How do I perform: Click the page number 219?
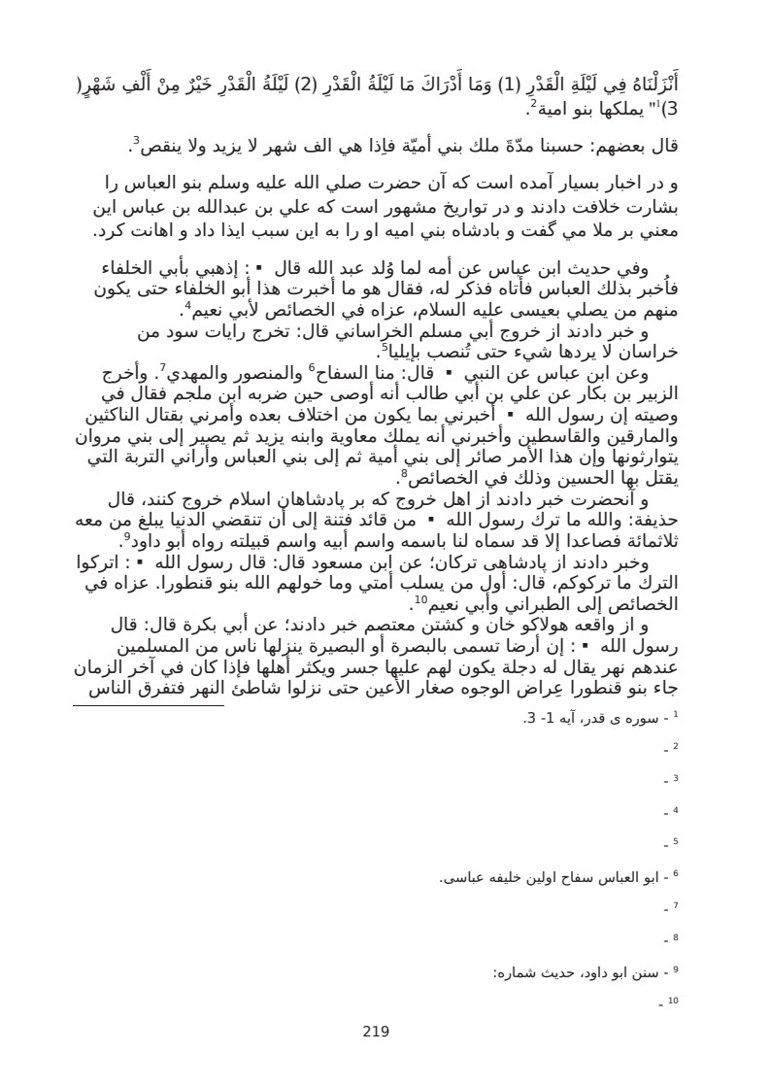[x=375, y=1033]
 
